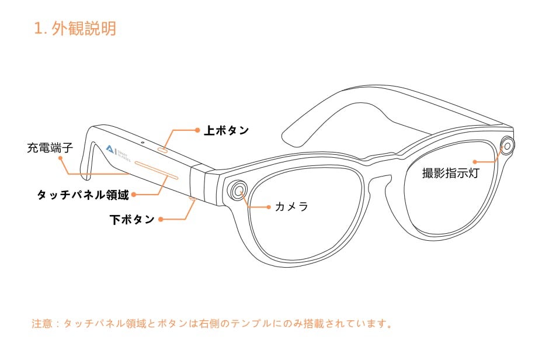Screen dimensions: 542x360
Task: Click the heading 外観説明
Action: pyautogui.click(x=84, y=28)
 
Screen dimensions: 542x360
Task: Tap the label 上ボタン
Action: pyautogui.click(x=227, y=130)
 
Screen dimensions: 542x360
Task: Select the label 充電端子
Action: pyautogui.click(x=50, y=148)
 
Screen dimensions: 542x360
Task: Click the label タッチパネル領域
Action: pyautogui.click(x=83, y=195)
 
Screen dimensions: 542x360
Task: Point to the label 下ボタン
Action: pyautogui.click(x=132, y=219)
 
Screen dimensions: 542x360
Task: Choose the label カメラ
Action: pyautogui.click(x=291, y=207)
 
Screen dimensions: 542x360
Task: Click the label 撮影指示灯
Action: pyautogui.click(x=451, y=173)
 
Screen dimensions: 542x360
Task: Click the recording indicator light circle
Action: pyautogui.click(x=507, y=146)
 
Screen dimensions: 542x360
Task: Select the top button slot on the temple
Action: pyautogui.click(x=163, y=150)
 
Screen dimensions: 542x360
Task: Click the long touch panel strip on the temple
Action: pyautogui.click(x=157, y=170)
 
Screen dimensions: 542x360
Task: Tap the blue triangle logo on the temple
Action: pyautogui.click(x=110, y=149)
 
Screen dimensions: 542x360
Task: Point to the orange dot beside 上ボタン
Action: pyautogui.click(x=197, y=130)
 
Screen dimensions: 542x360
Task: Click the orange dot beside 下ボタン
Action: pyautogui.click(x=161, y=219)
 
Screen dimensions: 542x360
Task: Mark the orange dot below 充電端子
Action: pyautogui.click(x=60, y=158)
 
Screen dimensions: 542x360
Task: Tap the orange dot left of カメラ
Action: pyautogui.click(x=269, y=207)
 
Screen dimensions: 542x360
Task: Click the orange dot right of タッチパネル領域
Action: pyautogui.click(x=134, y=195)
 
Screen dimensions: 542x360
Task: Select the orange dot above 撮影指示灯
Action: pyautogui.click(x=475, y=161)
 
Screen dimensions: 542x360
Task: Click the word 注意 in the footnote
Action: pyautogui.click(x=42, y=324)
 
